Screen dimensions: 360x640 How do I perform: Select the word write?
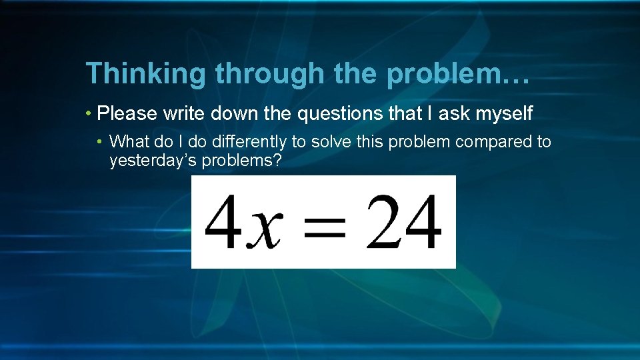(x=183, y=113)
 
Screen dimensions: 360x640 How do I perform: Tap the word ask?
(x=454, y=113)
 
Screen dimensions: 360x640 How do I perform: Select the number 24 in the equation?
(x=404, y=221)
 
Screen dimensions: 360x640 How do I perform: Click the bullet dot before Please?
(x=89, y=114)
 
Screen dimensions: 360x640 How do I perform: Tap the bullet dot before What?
(x=99, y=142)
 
